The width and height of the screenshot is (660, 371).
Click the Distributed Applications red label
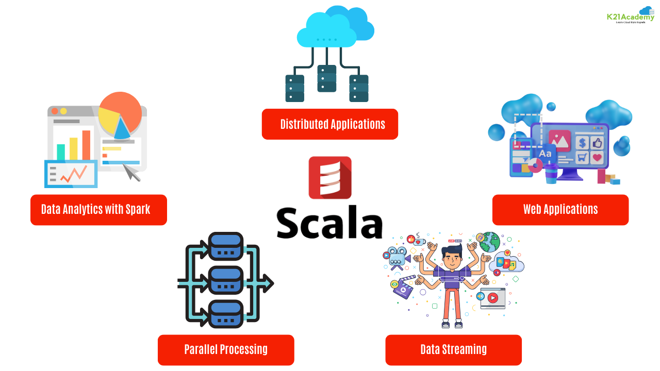330,124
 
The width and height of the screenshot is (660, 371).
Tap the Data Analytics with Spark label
98,210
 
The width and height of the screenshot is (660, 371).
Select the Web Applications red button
560,210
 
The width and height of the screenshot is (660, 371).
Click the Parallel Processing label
226,350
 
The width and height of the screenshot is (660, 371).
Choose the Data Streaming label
453,350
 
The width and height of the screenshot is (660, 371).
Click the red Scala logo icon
330,178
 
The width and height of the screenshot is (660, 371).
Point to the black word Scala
330,223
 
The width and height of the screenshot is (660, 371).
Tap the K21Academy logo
631,16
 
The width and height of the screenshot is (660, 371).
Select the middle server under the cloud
327,78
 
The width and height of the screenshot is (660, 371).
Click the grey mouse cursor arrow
132,173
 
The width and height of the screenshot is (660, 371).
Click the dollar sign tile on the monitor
583,142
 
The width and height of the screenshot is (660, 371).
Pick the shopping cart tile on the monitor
583,157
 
